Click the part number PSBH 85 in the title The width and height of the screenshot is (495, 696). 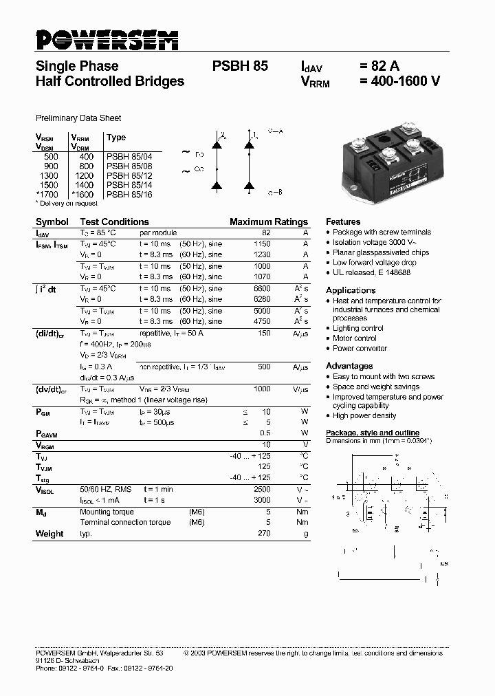click(x=240, y=67)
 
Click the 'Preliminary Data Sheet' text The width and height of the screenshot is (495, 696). click(x=78, y=118)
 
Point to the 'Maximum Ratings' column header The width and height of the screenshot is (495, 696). click(x=268, y=222)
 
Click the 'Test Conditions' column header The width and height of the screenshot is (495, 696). click(x=114, y=222)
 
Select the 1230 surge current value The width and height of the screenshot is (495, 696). click(x=262, y=255)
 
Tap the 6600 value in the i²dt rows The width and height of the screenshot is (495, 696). click(x=262, y=289)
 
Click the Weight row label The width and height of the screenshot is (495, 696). click(x=49, y=534)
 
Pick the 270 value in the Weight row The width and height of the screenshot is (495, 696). click(x=264, y=534)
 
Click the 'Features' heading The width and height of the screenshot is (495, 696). click(x=343, y=222)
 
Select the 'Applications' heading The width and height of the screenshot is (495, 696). click(x=351, y=290)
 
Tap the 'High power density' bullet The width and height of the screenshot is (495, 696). click(x=364, y=416)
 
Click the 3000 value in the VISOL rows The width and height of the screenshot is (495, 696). click(x=262, y=500)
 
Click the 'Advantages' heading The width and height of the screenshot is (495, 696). click(x=349, y=366)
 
